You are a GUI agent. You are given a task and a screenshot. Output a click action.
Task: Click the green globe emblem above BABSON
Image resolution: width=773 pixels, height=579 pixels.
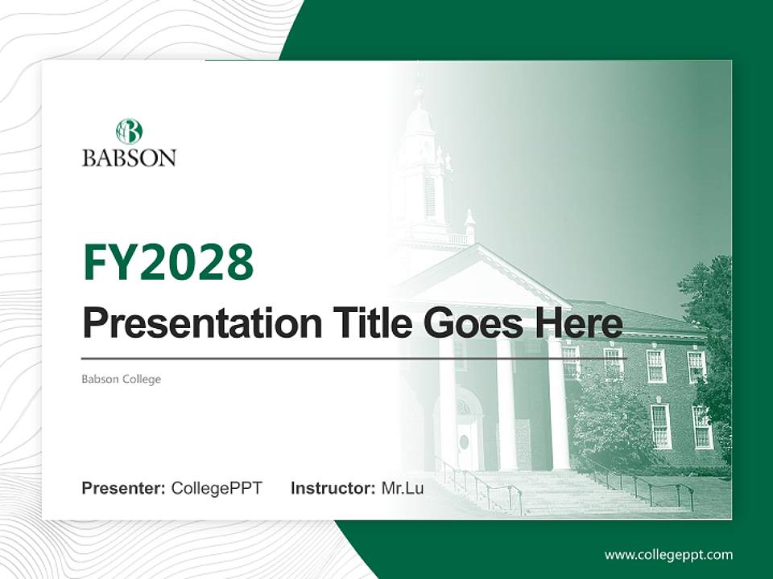pos(129,131)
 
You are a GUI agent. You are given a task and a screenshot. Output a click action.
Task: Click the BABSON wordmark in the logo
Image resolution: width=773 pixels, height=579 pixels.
pos(129,157)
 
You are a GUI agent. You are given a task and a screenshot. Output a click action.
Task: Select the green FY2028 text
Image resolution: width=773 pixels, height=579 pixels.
pos(168,262)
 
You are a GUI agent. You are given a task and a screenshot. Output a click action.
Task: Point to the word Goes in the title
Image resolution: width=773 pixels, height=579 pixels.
pos(473,324)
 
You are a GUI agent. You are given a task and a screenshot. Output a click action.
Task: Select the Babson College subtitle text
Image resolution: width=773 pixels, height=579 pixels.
pos(121,379)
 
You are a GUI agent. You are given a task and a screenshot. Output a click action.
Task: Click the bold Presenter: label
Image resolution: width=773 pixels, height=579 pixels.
pos(124,488)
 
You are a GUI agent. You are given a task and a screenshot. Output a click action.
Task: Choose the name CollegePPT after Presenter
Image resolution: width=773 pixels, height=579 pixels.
pos(217,488)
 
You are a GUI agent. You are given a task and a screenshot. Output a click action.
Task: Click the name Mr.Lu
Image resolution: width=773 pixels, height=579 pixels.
pos(403,488)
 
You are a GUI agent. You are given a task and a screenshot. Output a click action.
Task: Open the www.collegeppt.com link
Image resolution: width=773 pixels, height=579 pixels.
pos(668,554)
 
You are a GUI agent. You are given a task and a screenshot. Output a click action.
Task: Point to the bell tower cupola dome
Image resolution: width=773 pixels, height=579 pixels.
pos(418,121)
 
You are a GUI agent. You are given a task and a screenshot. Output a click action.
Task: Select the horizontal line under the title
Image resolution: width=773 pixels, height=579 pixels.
pos(354,358)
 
